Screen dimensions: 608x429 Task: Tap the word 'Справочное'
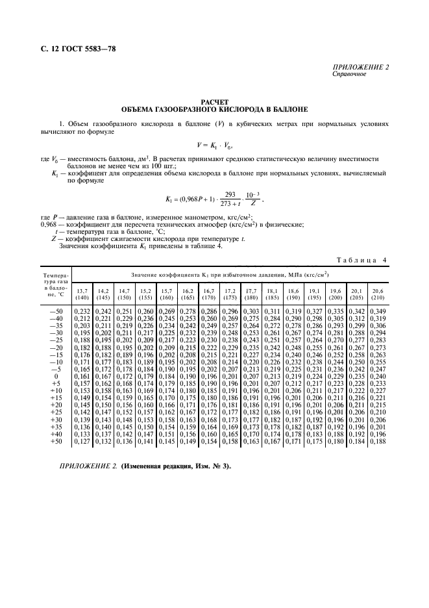(x=349, y=74)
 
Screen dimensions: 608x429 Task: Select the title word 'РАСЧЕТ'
(x=214, y=103)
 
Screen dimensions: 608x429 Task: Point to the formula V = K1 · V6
(x=214, y=145)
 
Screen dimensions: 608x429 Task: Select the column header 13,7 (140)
(x=82, y=293)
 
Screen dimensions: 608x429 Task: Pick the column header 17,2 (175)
(x=229, y=293)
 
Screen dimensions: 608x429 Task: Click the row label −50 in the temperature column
(x=56, y=312)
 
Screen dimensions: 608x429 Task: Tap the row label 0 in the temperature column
(x=56, y=376)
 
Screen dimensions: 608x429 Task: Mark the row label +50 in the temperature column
(x=56, y=442)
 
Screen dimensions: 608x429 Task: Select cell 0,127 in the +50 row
(x=82, y=442)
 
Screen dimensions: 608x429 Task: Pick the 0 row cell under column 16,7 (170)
(x=208, y=376)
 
